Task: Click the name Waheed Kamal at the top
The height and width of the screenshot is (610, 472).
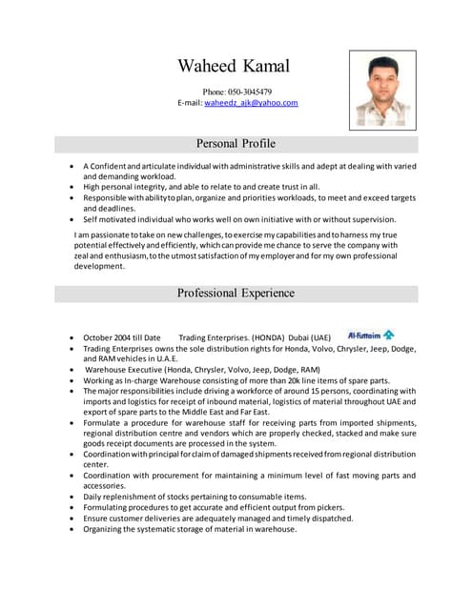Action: click(x=234, y=67)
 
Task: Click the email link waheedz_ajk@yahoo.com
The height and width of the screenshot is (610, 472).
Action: click(x=251, y=103)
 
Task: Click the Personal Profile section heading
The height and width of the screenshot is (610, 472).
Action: click(x=236, y=144)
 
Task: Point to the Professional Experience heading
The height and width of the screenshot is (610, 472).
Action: click(x=236, y=293)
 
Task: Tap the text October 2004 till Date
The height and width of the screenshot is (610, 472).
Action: click(x=121, y=337)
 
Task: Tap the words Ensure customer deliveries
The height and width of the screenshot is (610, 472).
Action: click(x=138, y=518)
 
